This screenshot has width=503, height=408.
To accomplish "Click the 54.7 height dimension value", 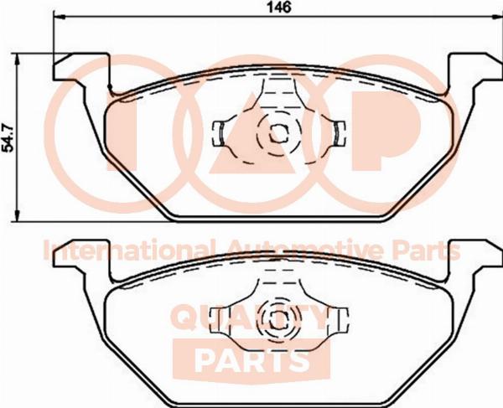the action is point(8,138).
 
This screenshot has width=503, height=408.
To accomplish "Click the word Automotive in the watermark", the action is point(304,250).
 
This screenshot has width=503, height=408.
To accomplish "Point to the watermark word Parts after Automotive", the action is point(427,250).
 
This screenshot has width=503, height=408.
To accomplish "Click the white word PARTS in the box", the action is point(252,360).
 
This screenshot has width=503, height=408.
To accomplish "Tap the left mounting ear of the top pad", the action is point(80,67).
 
